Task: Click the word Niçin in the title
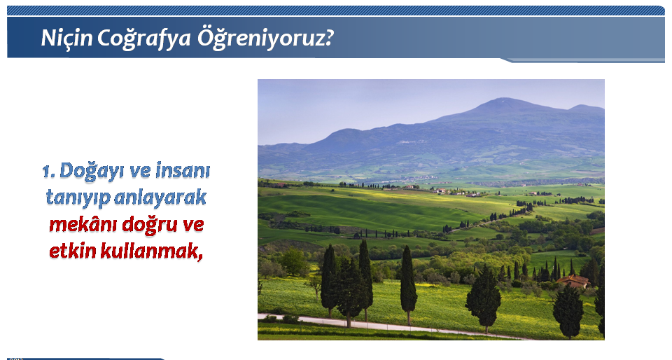click(x=67, y=38)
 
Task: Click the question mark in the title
click(x=328, y=38)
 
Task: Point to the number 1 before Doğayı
click(x=48, y=172)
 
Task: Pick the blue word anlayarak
click(x=160, y=198)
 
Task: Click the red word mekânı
click(x=83, y=224)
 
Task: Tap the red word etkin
click(x=72, y=251)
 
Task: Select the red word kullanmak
click(x=149, y=251)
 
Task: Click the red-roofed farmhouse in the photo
click(x=573, y=281)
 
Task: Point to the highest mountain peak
click(x=505, y=99)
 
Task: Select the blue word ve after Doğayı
click(x=140, y=172)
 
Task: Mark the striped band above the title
click(x=336, y=11)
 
